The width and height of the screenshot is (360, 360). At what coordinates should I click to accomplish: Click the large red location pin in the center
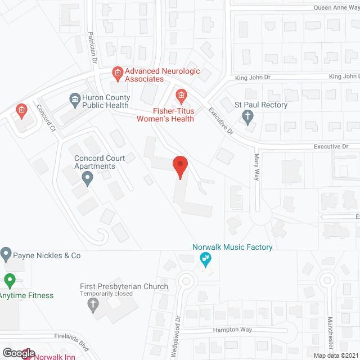pyautogui.click(x=180, y=166)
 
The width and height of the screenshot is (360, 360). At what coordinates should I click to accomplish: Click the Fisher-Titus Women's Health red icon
pyautogui.click(x=181, y=94)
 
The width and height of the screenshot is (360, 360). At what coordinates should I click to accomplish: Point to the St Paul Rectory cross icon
pyautogui.click(x=247, y=116)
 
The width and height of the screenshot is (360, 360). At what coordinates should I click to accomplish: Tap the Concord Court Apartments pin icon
pyautogui.click(x=87, y=179)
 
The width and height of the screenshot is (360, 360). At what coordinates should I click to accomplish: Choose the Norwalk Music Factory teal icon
pyautogui.click(x=206, y=259)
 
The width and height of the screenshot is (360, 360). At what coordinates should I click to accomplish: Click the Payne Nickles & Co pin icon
pyautogui.click(x=6, y=255)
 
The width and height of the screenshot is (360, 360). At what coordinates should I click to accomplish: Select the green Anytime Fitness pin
pyautogui.click(x=9, y=280)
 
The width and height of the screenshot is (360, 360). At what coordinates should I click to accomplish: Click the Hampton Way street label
pyautogui.click(x=233, y=330)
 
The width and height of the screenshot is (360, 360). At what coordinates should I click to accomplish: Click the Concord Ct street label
pyautogui.click(x=47, y=118)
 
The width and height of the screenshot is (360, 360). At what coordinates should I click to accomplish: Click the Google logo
pyautogui.click(x=18, y=353)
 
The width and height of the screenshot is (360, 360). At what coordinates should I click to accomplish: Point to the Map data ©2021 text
pyautogui.click(x=335, y=355)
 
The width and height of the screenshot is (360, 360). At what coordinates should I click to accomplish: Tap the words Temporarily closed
pyautogui.click(x=106, y=294)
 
